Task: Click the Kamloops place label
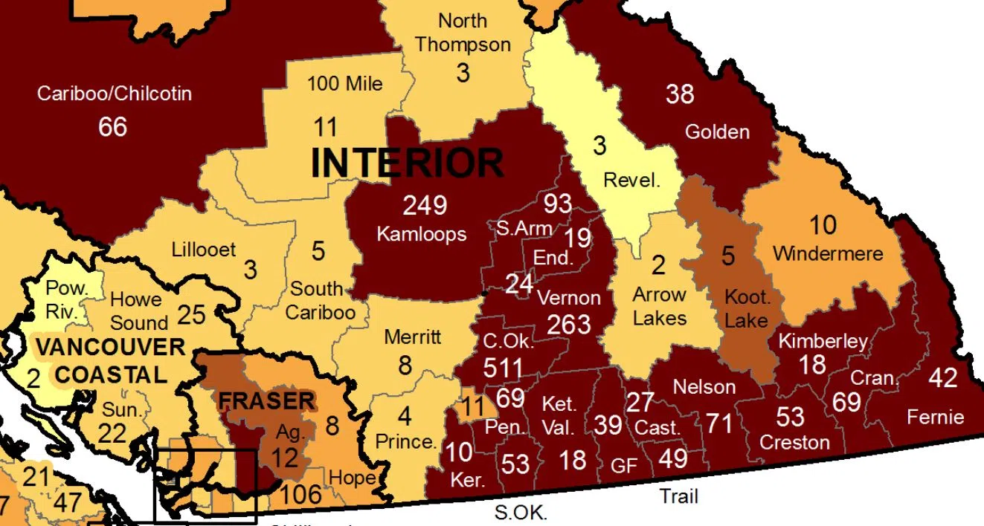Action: click(422, 234)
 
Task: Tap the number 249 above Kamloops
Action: click(425, 205)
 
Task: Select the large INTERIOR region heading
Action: click(407, 162)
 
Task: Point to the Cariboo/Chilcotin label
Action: click(115, 94)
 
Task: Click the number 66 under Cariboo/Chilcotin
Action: click(112, 126)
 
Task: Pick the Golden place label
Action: click(717, 132)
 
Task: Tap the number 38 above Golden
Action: click(680, 94)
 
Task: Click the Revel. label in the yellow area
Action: click(632, 180)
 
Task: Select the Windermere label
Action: click(828, 253)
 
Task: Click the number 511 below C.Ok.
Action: click(504, 368)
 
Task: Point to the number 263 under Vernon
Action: click(569, 324)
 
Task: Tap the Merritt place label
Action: click(413, 337)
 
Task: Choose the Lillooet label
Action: click(203, 250)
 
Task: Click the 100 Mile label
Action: click(345, 83)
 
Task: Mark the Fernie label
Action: click(936, 417)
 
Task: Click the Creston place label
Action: click(794, 443)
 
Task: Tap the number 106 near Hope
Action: click(302, 493)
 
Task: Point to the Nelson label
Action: click(704, 386)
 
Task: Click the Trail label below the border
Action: click(679, 496)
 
